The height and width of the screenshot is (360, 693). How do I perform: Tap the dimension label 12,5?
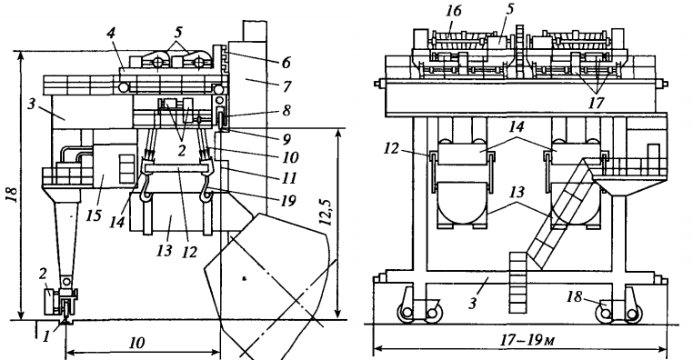326,212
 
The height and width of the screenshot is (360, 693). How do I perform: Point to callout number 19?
287,201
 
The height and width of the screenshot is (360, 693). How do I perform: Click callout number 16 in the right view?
453,11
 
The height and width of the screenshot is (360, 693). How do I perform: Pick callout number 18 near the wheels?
574,297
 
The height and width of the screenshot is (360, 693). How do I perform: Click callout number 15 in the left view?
95,215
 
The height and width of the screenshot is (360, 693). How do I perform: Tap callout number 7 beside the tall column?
286,86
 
